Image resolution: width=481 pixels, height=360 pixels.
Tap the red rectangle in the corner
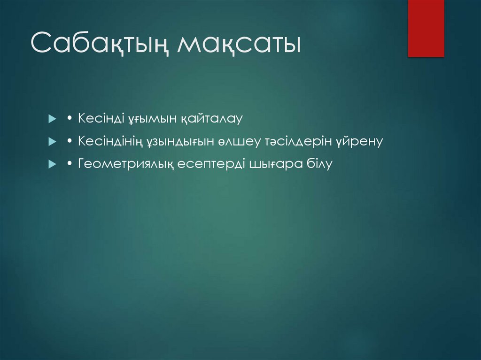[426, 28]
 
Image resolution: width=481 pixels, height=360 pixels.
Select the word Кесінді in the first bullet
[100, 119]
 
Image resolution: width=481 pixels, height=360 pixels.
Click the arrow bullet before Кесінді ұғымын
[52, 119]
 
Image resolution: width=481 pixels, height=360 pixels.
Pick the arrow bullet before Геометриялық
[52, 164]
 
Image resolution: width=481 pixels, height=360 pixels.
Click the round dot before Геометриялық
[69, 164]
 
